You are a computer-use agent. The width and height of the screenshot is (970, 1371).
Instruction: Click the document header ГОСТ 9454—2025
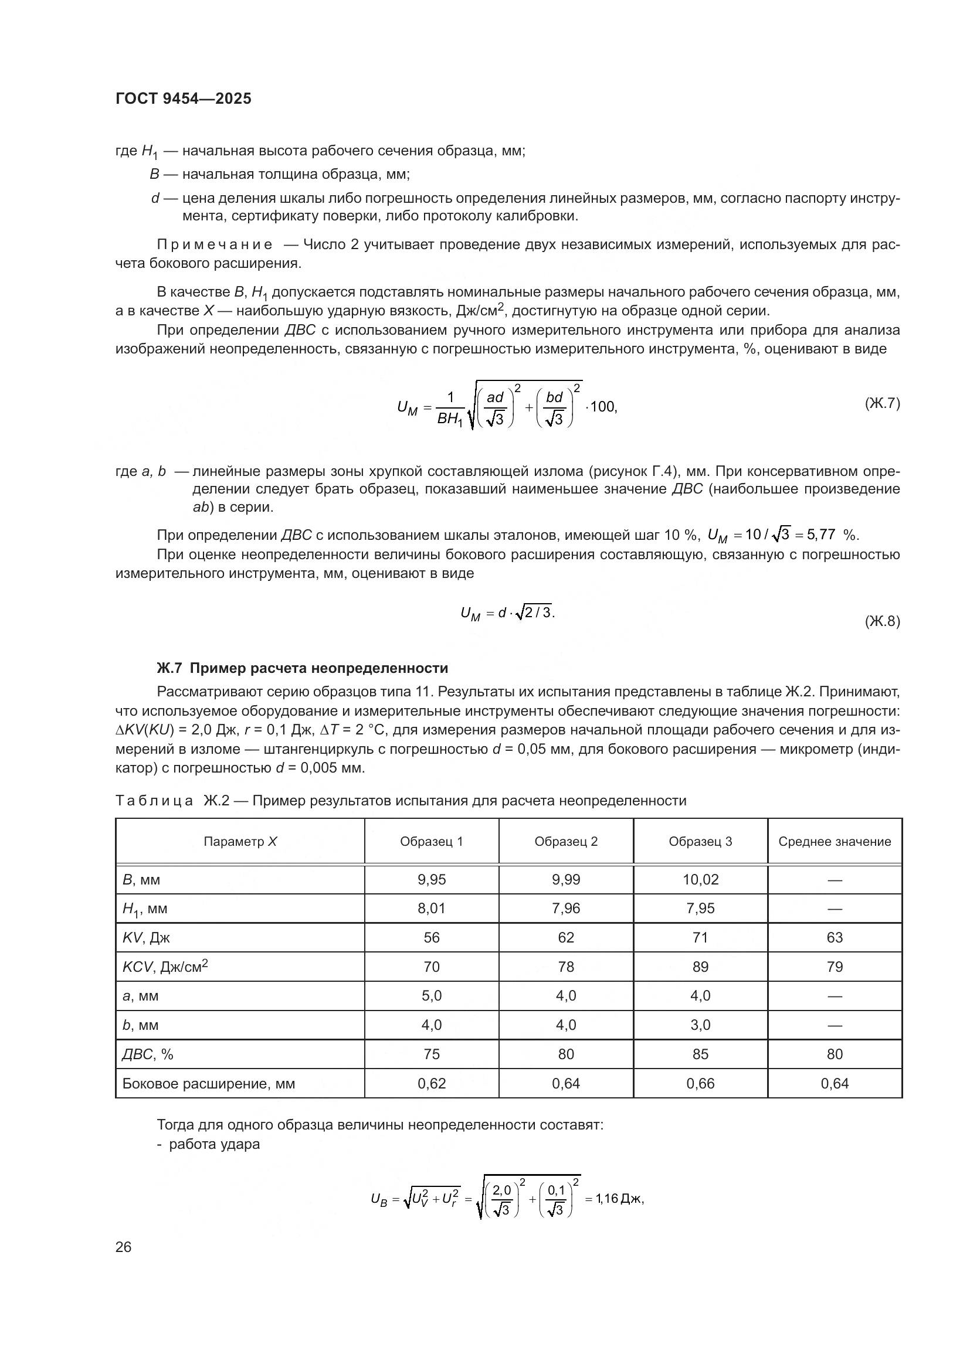pyautogui.click(x=184, y=98)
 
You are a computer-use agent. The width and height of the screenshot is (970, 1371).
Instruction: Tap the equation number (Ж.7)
pyautogui.click(x=881, y=403)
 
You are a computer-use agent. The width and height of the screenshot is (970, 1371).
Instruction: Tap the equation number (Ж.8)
pyautogui.click(x=881, y=621)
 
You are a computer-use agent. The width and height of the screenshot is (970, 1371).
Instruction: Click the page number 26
pyautogui.click(x=124, y=1247)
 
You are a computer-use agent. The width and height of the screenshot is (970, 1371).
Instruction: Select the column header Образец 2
pyautogui.click(x=565, y=841)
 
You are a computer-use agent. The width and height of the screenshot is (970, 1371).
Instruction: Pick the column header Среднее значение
pyautogui.click(x=835, y=841)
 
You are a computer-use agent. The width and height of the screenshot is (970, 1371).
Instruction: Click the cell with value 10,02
pyautogui.click(x=700, y=880)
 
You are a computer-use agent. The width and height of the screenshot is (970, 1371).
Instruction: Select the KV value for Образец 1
pyautogui.click(x=431, y=937)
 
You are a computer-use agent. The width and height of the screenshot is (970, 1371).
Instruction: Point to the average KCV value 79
pyautogui.click(x=835, y=967)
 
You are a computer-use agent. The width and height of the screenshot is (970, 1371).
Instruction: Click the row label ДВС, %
pyautogui.click(x=148, y=1054)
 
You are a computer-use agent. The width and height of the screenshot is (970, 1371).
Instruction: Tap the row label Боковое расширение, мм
pyautogui.click(x=208, y=1084)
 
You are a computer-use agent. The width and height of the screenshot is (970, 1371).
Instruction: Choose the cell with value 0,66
pyautogui.click(x=700, y=1084)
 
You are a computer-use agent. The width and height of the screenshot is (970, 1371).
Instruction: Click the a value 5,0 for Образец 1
pyautogui.click(x=431, y=996)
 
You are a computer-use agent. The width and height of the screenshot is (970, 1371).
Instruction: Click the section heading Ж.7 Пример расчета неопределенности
pyautogui.click(x=302, y=668)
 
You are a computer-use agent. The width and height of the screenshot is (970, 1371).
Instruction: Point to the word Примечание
pyautogui.click(x=215, y=245)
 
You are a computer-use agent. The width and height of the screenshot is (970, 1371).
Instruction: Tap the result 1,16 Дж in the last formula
pyautogui.click(x=618, y=1199)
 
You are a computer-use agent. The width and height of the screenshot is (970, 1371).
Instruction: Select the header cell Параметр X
pyautogui.click(x=240, y=841)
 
